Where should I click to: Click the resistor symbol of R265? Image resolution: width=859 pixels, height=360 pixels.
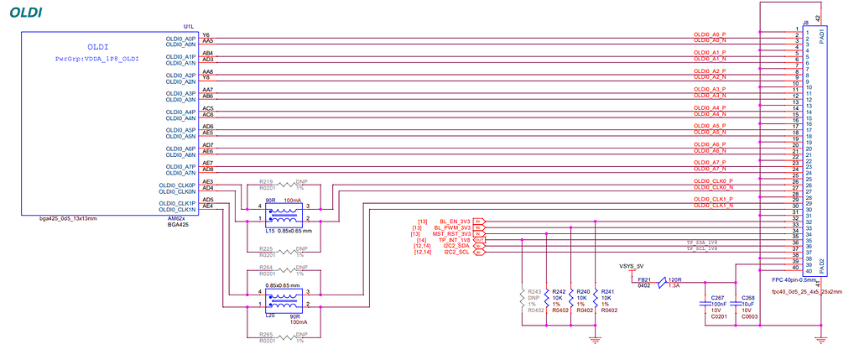[x=290, y=337]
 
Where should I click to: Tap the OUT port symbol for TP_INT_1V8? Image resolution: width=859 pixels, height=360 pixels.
[x=479, y=239]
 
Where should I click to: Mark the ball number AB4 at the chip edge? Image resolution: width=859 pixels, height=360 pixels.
[x=207, y=53]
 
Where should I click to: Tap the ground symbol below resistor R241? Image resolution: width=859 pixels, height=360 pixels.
[x=595, y=338]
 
